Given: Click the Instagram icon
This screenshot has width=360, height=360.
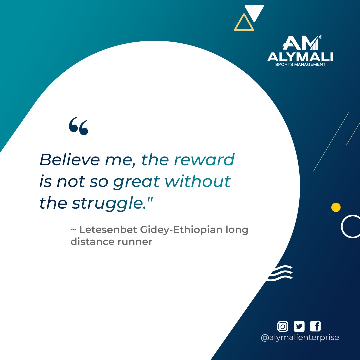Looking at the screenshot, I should pyautogui.click(x=283, y=326).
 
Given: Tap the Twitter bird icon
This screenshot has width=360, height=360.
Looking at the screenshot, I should pyautogui.click(x=299, y=326).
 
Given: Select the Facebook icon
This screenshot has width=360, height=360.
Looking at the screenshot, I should pyautogui.click(x=315, y=326).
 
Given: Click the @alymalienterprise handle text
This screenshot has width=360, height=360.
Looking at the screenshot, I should pyautogui.click(x=300, y=337).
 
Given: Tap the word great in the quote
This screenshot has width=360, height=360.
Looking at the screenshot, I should pyautogui.click(x=136, y=182).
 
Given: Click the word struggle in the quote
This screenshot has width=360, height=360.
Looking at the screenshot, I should pyautogui.click(x=110, y=204).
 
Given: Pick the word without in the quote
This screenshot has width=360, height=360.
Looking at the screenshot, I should pyautogui.click(x=198, y=182).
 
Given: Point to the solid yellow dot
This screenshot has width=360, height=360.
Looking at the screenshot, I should pyautogui.click(x=336, y=207).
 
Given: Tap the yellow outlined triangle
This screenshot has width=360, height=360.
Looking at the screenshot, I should pyautogui.click(x=244, y=23).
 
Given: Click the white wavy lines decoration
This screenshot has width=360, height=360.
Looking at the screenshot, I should pyautogui.click(x=281, y=274).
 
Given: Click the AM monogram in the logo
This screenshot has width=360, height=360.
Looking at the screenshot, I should pyautogui.click(x=299, y=44).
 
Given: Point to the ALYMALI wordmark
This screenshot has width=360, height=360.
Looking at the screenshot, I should pyautogui.click(x=300, y=57).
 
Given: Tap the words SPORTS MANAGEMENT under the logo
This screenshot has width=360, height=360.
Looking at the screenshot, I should pyautogui.click(x=300, y=64).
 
